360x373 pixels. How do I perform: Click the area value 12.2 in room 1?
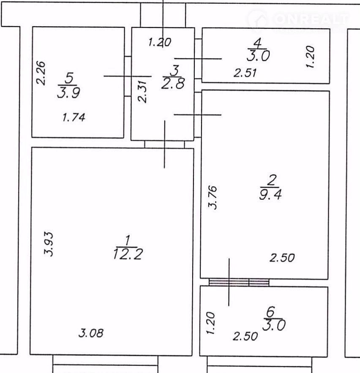128,254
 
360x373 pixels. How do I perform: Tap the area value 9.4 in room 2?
270,194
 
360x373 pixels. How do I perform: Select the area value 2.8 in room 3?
173,84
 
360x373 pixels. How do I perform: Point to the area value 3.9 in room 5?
68,93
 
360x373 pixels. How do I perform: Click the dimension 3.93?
49,243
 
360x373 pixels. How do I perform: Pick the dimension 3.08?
91,333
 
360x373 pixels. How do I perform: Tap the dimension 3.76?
213,197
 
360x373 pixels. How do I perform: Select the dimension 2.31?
143,91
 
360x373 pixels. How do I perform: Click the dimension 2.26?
41,73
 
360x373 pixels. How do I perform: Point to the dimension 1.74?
74,117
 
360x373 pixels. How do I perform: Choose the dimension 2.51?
245,73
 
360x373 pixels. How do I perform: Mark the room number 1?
128,240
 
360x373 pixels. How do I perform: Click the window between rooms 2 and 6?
239,283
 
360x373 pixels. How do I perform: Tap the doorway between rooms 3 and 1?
164,144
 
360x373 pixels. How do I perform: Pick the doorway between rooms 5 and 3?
128,76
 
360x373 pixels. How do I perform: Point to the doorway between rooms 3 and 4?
198,59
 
